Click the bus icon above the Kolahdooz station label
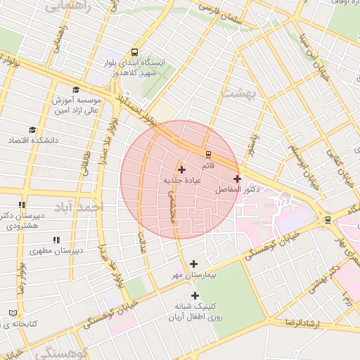(x=135, y=53)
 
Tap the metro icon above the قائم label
(x=208, y=155)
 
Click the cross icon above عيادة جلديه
(x=182, y=169)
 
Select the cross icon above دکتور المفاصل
(x=237, y=179)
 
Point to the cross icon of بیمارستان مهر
(x=194, y=264)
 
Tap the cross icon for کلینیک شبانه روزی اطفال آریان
(x=195, y=295)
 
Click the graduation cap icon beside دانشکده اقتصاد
(x=32, y=130)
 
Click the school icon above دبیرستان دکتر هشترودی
(x=22, y=205)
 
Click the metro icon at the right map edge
(x=328, y=219)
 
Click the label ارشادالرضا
(x=298, y=322)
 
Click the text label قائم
(x=208, y=167)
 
